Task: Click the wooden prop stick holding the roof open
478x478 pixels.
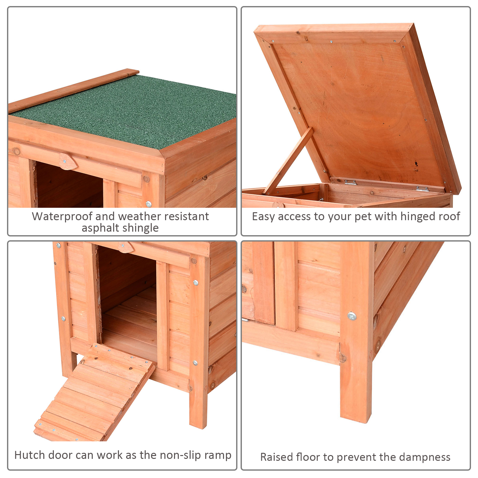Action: (288, 161)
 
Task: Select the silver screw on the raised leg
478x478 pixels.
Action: (352, 316)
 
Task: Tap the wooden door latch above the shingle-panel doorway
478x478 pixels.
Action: (68, 161)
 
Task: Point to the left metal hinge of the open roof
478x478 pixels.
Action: (351, 183)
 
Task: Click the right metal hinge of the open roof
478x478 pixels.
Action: (423, 189)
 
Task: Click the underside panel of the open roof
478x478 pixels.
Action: (360, 108)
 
